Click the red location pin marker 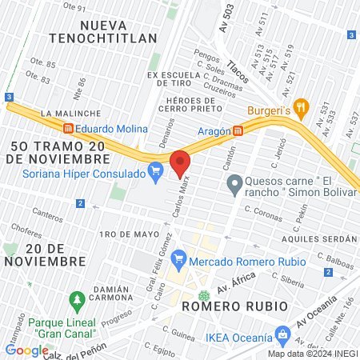click(x=180, y=163)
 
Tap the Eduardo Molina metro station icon click(x=69, y=128)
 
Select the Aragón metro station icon click(x=238, y=130)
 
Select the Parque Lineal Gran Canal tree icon click(x=78, y=302)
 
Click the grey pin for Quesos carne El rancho click(x=234, y=186)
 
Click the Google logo click(x=26, y=350)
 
